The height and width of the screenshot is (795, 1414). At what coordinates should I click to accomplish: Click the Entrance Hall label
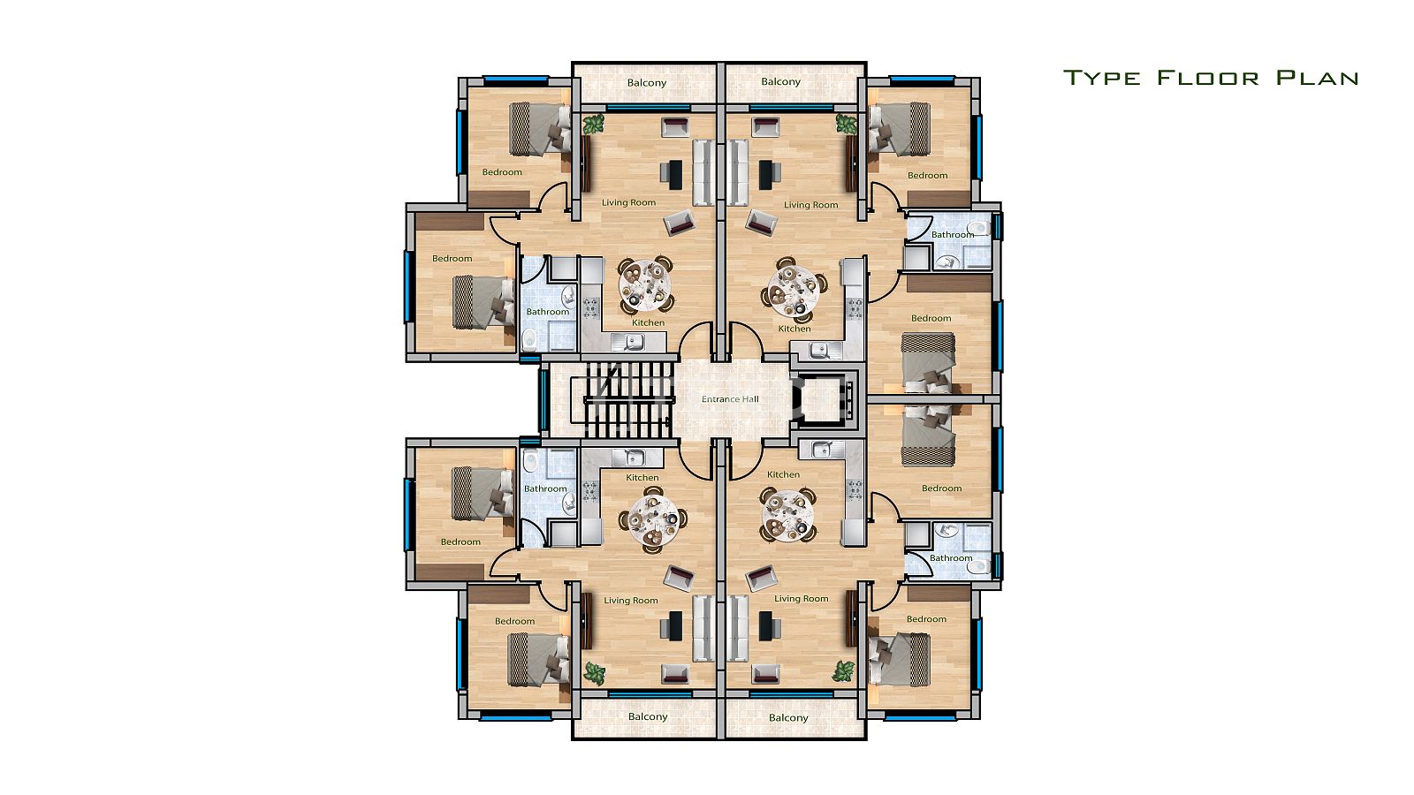(x=730, y=399)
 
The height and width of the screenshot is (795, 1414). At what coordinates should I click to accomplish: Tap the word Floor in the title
(x=1208, y=78)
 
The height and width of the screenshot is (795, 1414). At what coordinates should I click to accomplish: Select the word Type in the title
(x=1101, y=78)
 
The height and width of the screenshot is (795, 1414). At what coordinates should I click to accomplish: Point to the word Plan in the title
(x=1317, y=78)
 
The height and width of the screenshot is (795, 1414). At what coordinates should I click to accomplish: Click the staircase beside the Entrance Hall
(x=628, y=400)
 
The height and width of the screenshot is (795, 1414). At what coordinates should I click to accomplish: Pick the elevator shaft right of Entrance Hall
(x=825, y=400)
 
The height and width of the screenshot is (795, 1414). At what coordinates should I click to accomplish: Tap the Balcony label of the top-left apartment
(x=646, y=83)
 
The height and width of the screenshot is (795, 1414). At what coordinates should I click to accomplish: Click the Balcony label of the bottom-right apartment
(x=788, y=717)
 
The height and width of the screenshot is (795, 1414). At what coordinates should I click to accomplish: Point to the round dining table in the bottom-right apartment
(x=787, y=513)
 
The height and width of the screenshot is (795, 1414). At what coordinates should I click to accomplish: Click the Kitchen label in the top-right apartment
(x=794, y=329)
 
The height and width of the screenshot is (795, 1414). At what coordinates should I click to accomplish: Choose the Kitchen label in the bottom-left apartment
(x=642, y=478)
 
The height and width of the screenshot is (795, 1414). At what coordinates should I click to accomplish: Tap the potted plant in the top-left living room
(x=593, y=125)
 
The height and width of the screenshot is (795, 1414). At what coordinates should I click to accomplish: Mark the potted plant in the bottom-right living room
(x=843, y=670)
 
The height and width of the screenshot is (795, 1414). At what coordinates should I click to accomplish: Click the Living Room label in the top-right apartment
(x=810, y=205)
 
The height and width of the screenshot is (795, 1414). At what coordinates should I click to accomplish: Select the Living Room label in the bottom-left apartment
(x=631, y=601)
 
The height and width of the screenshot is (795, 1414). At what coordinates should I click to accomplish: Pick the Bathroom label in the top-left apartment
(x=547, y=312)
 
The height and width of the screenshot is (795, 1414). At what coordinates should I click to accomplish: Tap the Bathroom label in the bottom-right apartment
(x=951, y=558)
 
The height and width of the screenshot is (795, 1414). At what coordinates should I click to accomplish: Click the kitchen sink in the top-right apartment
(x=819, y=349)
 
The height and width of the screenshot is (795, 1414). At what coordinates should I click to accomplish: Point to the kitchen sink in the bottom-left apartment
(x=635, y=457)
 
